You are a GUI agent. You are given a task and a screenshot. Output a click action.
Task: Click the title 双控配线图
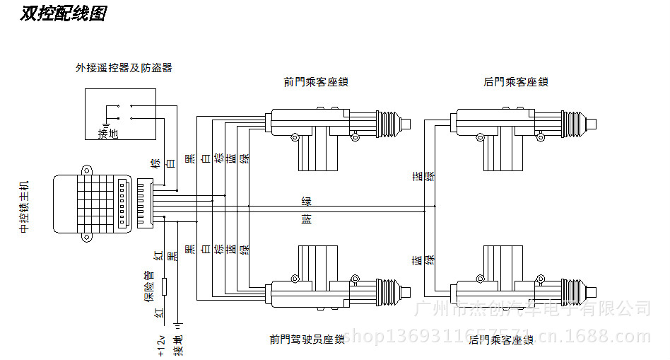pos(63,13)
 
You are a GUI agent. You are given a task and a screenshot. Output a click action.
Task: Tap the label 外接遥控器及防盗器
pos(124,68)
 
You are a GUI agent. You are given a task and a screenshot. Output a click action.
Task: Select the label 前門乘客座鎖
pos(316,82)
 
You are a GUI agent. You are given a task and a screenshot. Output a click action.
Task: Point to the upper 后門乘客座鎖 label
pos(516,82)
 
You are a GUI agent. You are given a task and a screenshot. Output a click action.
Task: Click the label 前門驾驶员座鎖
pos(307,339)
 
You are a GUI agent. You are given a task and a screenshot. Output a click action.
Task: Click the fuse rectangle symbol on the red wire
pos(164,286)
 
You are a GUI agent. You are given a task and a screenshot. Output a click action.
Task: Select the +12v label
pos(161,344)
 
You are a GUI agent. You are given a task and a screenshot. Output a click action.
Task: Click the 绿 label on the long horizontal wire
pos(306,202)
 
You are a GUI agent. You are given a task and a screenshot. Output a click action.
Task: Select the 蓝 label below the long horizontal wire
pos(306,220)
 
